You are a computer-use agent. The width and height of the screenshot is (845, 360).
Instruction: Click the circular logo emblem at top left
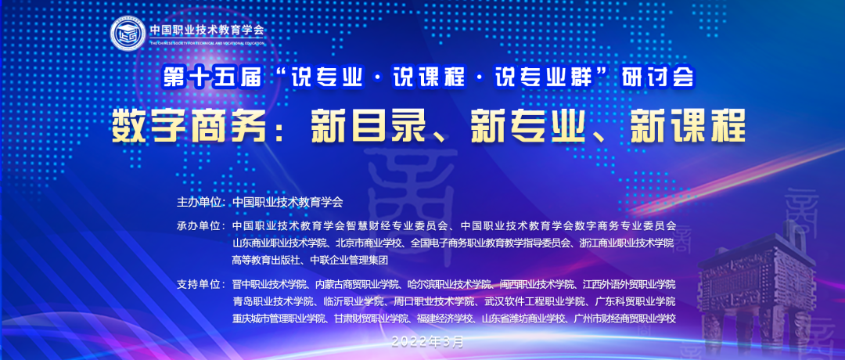click(x=128, y=34)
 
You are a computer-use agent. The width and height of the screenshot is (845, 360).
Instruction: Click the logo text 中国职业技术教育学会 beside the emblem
click(x=207, y=31)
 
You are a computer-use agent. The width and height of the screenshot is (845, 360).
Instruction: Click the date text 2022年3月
click(x=428, y=340)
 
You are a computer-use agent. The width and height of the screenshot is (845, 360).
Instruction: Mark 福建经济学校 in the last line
click(x=445, y=318)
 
